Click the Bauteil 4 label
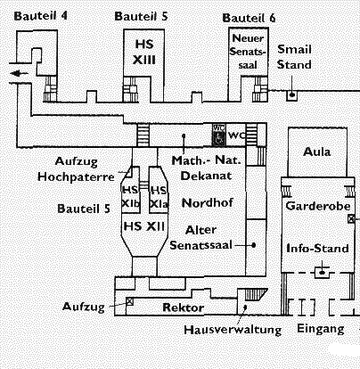coord(41,16)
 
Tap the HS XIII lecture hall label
coord(144,52)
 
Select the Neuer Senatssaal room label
coord(248,52)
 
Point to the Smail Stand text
coord(294,57)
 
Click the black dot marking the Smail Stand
coord(292,95)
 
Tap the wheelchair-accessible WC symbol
coord(219,135)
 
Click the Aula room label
coord(317,152)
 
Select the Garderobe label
coord(318,206)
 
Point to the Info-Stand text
coord(317,249)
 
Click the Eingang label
coord(321,329)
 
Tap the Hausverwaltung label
coord(233,330)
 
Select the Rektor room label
coord(184,307)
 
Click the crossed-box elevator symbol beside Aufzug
coord(129,301)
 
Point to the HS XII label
coord(144,226)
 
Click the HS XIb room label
coord(131,197)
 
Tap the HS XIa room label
coord(159,197)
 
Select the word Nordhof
coord(208,203)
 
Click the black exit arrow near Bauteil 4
coord(18,73)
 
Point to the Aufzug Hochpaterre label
coord(76,169)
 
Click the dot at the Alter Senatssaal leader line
coord(254,245)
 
